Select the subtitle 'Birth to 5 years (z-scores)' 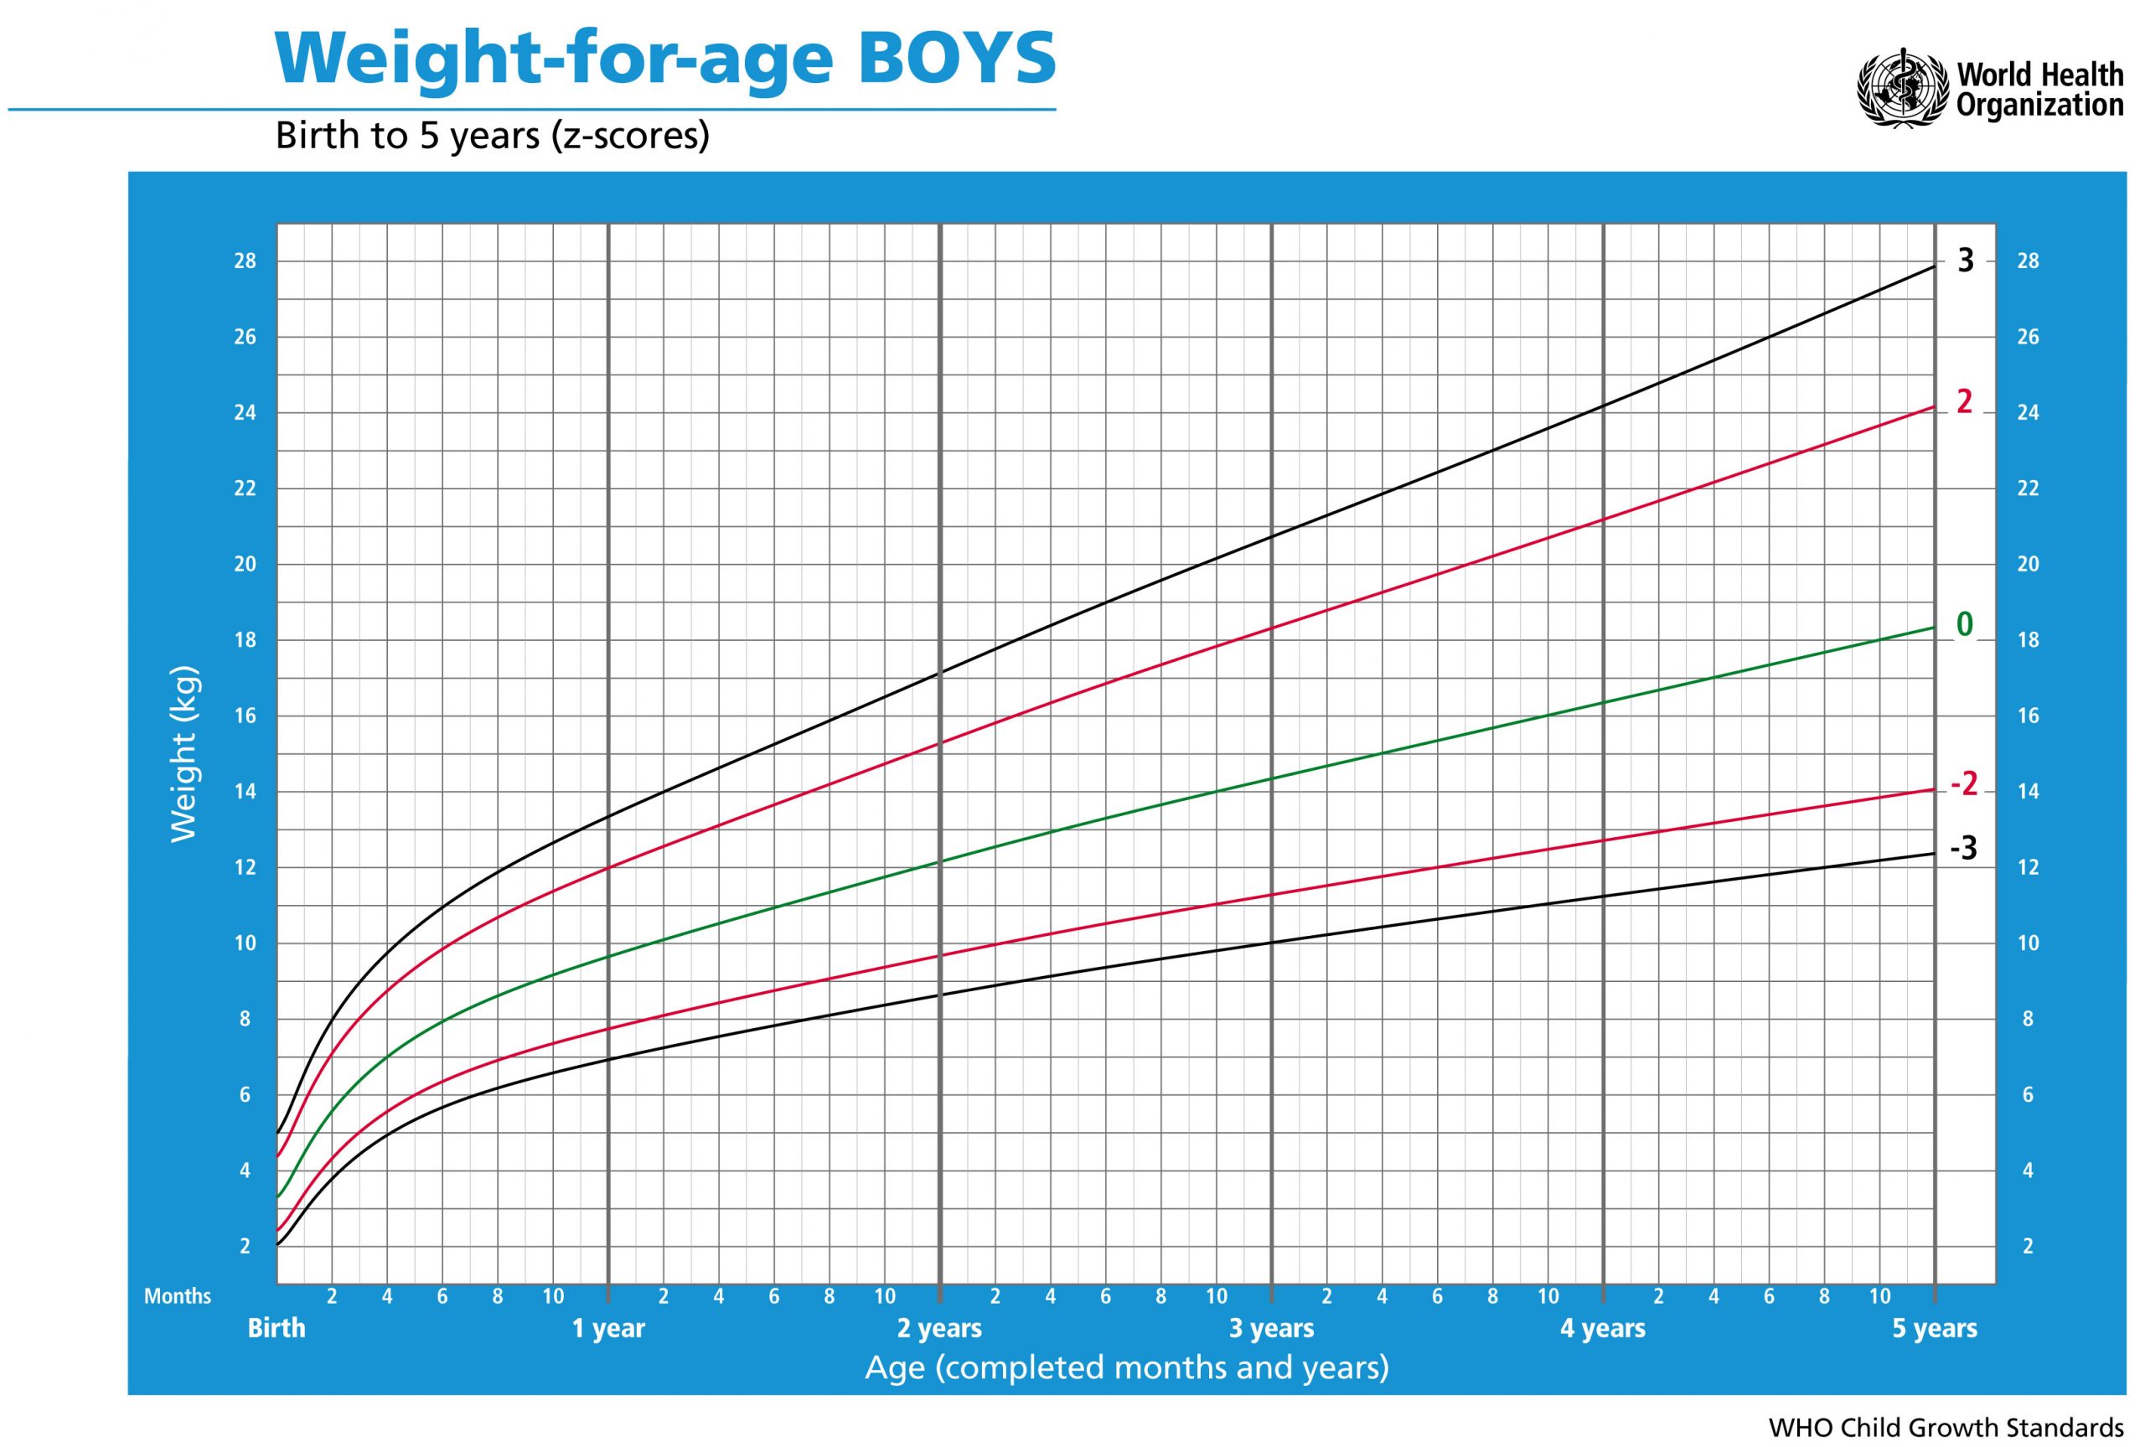coord(493,137)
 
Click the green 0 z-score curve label coord(1965,625)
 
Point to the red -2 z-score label coord(1964,784)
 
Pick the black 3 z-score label coord(1966,261)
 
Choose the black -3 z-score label coord(1964,848)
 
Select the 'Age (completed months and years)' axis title coord(1126,1367)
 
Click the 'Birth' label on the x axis coord(276,1328)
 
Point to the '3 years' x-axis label coord(1271,1328)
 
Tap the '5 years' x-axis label coord(1935,1328)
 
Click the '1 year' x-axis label coord(609,1328)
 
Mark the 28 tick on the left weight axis coord(245,261)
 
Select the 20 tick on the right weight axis coord(2028,564)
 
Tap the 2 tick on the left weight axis coord(245,1246)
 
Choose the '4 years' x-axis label coord(1603,1328)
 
